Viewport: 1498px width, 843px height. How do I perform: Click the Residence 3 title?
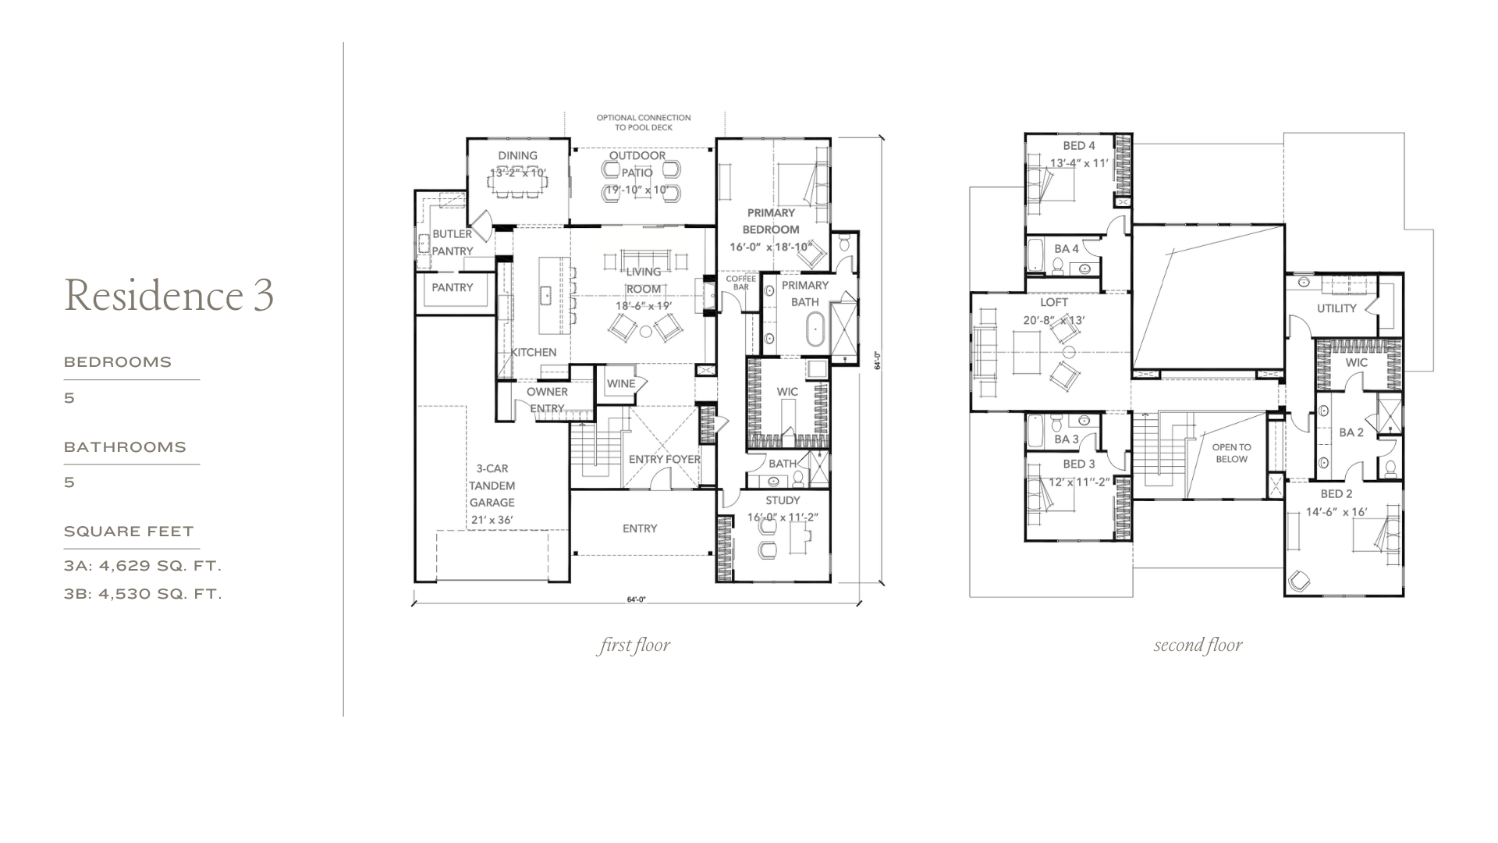tap(169, 295)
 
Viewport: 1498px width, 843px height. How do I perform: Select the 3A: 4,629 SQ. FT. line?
tap(143, 566)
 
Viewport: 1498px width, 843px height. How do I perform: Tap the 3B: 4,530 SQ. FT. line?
tap(143, 594)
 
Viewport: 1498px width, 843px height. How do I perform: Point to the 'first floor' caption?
tap(634, 646)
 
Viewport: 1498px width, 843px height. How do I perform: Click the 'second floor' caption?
tap(1198, 646)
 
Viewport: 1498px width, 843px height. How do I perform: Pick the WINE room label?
tap(621, 383)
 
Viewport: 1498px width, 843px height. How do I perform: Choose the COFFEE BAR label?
tap(741, 283)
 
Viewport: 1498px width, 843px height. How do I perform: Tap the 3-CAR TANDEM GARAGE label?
tap(492, 486)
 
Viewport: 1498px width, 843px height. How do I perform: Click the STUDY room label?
tap(783, 500)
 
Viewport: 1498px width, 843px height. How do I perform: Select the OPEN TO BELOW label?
tap(1231, 454)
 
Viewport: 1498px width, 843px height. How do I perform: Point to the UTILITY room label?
tap(1336, 308)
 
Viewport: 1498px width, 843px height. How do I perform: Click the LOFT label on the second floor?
tap(1054, 302)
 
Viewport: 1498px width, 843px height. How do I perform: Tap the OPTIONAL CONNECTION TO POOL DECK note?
tap(644, 123)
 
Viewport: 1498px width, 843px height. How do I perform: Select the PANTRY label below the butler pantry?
tap(453, 287)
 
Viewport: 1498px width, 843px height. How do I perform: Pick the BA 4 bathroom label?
tap(1067, 249)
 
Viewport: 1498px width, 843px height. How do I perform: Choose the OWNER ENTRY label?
tap(547, 400)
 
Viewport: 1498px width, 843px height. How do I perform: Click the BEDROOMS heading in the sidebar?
tap(118, 362)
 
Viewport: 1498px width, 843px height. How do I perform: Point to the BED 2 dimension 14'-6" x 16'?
tap(1336, 512)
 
